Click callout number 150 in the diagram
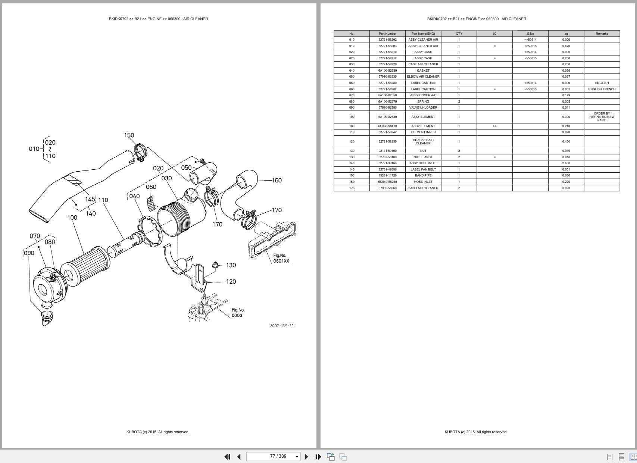(129, 135)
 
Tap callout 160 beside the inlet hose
(277, 181)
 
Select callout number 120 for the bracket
(231, 282)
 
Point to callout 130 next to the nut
(231, 265)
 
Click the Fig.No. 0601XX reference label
(281, 258)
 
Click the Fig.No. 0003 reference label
(237, 313)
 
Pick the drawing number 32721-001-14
(281, 325)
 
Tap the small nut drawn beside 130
(215, 265)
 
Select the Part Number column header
(387, 34)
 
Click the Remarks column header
(602, 34)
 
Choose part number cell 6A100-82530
(387, 71)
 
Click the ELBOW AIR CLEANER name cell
(423, 76)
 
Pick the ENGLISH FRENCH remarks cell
(602, 89)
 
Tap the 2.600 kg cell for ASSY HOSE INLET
(566, 163)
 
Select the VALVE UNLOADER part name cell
(423, 107)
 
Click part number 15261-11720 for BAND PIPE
(387, 175)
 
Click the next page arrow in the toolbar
(306, 457)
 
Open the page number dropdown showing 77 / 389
(297, 457)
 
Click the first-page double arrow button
(227, 457)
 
